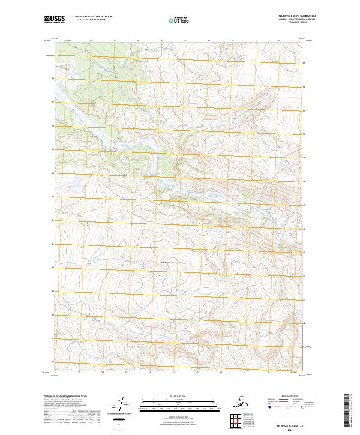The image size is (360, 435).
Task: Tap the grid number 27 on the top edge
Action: (90, 41)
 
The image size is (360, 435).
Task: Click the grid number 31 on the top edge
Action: (185, 41)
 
